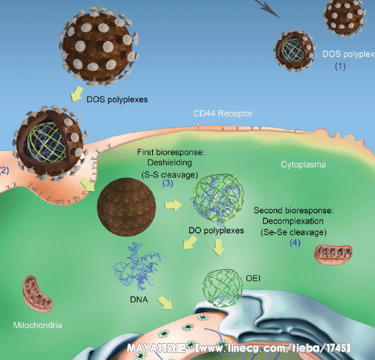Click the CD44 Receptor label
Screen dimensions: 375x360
click(223, 114)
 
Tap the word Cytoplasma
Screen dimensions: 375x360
click(303, 165)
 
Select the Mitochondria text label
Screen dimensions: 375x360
click(38, 325)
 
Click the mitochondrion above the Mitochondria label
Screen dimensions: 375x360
click(38, 294)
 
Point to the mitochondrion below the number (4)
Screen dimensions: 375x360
click(333, 254)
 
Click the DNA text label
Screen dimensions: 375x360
click(139, 300)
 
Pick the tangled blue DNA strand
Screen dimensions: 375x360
click(138, 266)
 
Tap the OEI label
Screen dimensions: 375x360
click(253, 278)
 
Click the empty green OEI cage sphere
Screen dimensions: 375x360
click(223, 288)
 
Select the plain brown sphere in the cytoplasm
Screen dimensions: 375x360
click(126, 207)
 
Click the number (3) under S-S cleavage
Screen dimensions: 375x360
click(168, 183)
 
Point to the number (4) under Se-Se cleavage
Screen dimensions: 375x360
click(295, 243)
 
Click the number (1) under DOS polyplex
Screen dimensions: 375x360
click(340, 66)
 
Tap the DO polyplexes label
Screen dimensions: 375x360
click(216, 231)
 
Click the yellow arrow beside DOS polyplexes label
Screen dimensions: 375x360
click(77, 94)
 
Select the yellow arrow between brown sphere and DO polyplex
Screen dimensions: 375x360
click(173, 205)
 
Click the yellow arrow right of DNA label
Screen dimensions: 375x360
click(165, 302)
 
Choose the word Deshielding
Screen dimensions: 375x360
click(170, 163)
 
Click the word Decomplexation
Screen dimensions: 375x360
click(293, 221)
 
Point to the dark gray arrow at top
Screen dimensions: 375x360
click(268, 8)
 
